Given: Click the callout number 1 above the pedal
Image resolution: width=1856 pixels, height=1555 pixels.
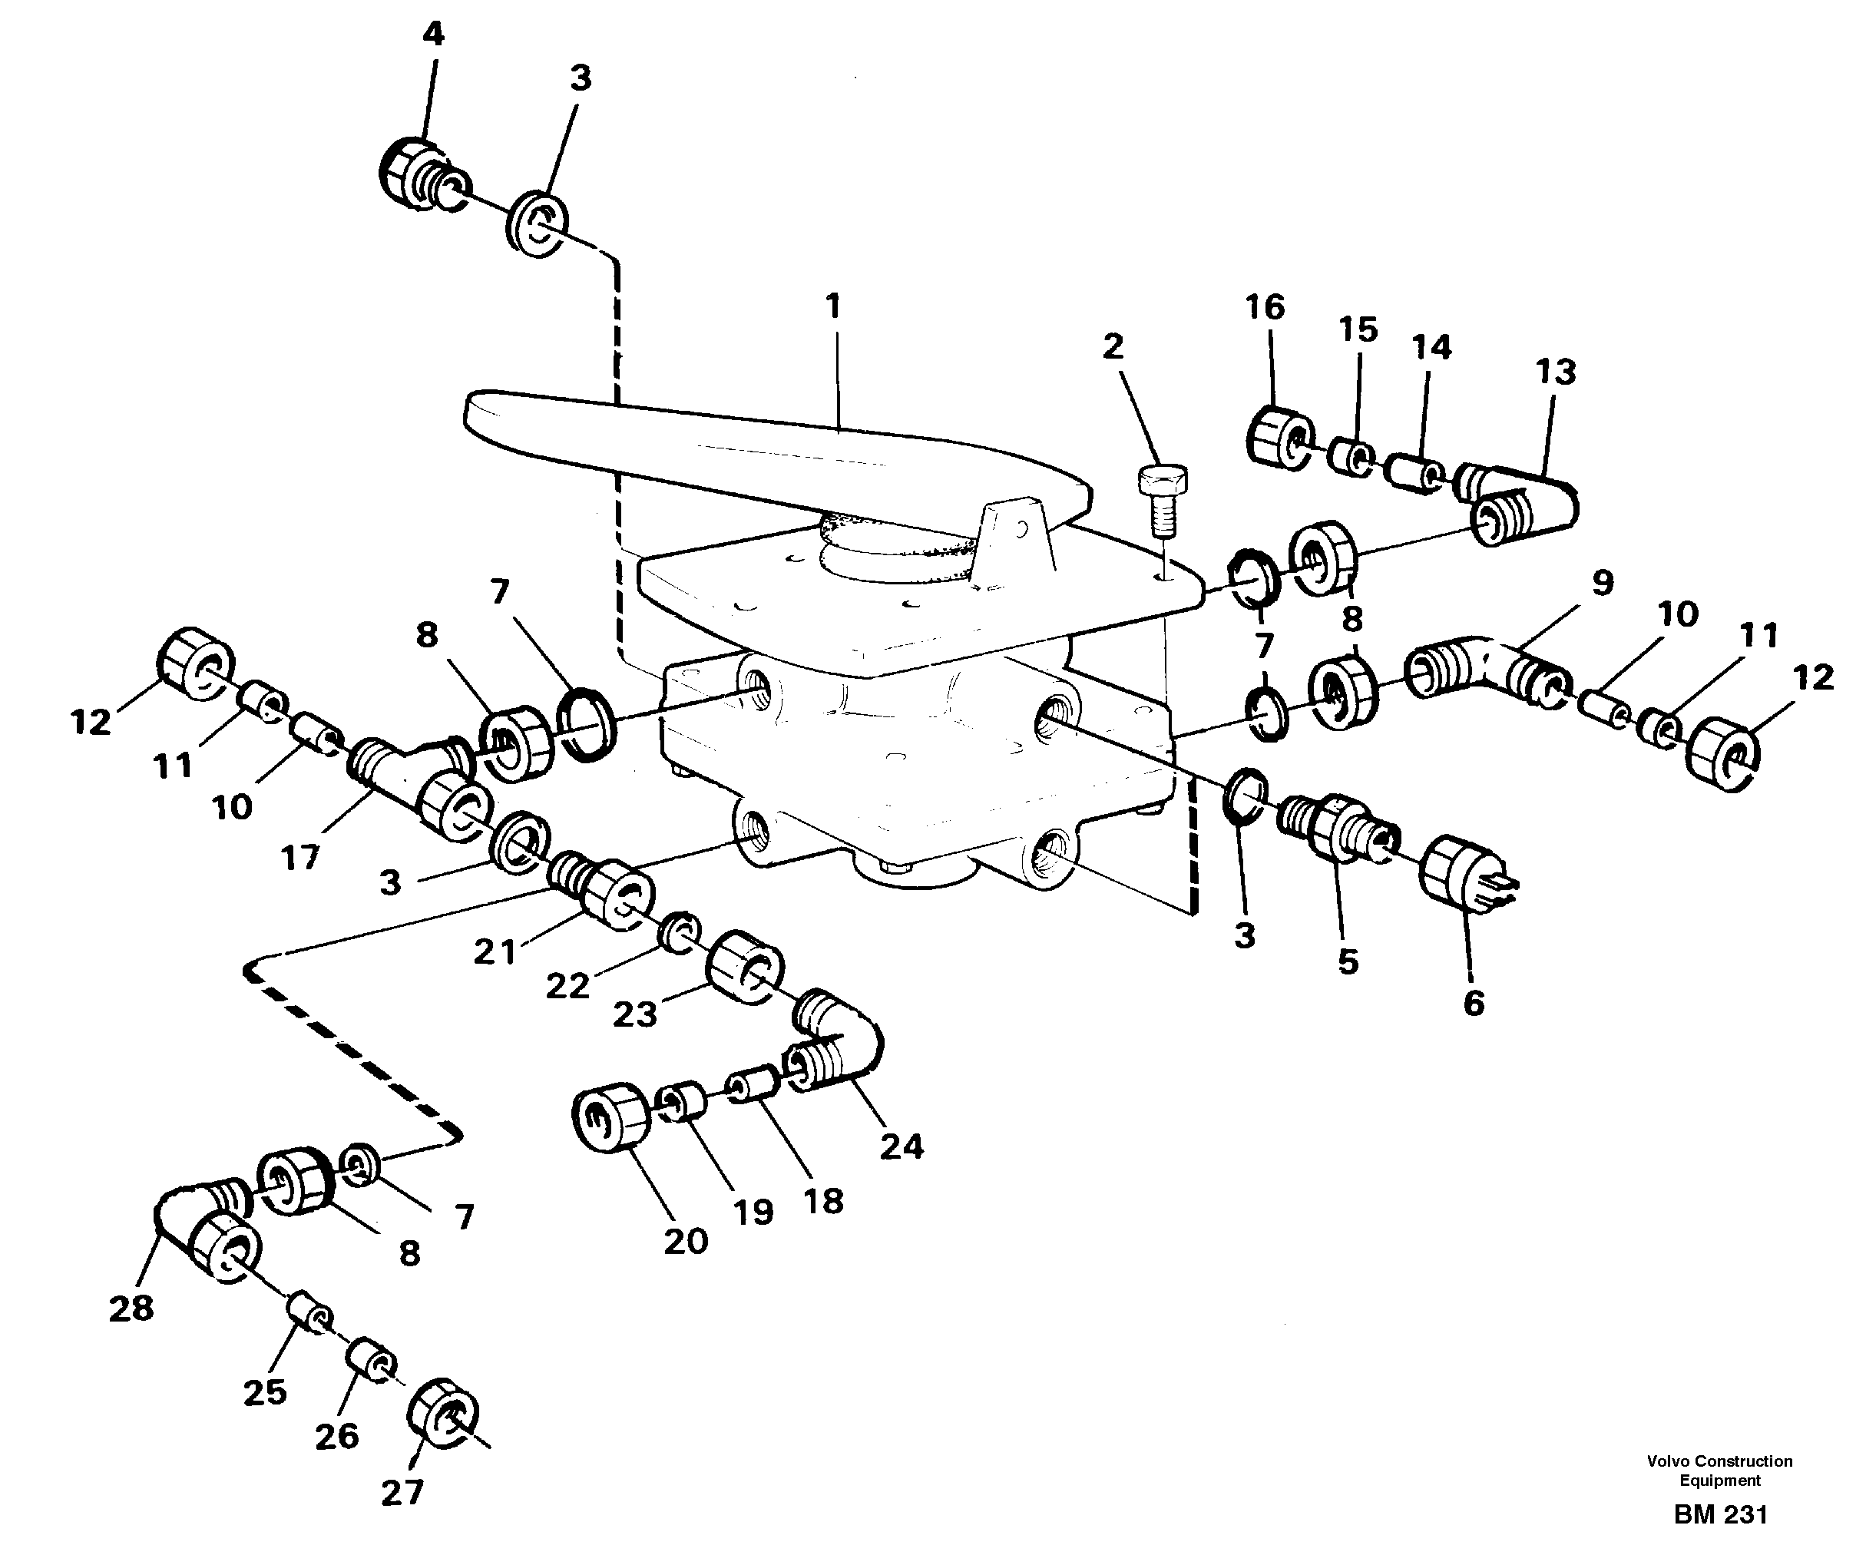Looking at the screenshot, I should pos(832,306).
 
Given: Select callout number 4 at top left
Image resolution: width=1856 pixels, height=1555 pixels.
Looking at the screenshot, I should pos(432,34).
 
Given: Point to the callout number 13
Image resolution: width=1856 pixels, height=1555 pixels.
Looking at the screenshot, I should pos(1555,372).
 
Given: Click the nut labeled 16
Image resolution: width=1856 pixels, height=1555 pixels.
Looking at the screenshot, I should pos(1277,434).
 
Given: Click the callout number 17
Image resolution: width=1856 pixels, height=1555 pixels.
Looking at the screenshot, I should pos(299,857).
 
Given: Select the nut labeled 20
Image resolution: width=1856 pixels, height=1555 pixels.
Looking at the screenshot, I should pos(610,1117).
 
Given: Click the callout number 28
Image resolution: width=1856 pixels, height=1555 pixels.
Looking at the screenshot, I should pos(131,1309).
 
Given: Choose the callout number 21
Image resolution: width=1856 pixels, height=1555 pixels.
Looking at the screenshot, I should pos(494,952).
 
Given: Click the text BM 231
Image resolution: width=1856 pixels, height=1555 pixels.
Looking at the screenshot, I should pos(1720,1514).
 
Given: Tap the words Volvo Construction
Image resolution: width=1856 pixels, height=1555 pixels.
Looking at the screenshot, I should pos(1719,1461).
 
